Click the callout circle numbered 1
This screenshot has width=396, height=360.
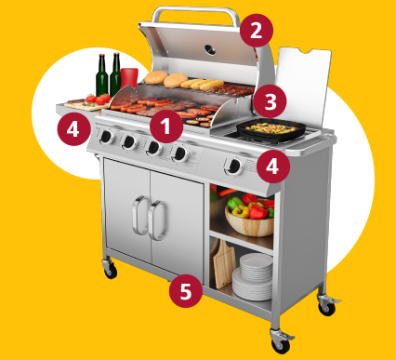click(x=166, y=127)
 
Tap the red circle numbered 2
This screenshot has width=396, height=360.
click(x=257, y=31)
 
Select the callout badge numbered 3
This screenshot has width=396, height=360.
click(x=270, y=101)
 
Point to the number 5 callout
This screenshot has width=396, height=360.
click(x=186, y=291)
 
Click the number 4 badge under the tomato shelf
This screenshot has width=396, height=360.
click(x=73, y=128)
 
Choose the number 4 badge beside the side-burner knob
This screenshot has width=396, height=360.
click(x=272, y=167)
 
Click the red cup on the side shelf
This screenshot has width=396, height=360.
click(x=129, y=78)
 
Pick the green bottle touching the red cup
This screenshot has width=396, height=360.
click(x=115, y=74)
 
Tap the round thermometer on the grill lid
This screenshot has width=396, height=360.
click(x=210, y=49)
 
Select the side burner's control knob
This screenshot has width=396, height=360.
click(x=234, y=167)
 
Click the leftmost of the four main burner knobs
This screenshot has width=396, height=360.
click(x=106, y=137)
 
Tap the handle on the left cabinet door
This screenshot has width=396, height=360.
click(x=139, y=216)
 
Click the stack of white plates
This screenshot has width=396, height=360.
click(x=253, y=276)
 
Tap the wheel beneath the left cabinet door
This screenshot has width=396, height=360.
click(x=110, y=269)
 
